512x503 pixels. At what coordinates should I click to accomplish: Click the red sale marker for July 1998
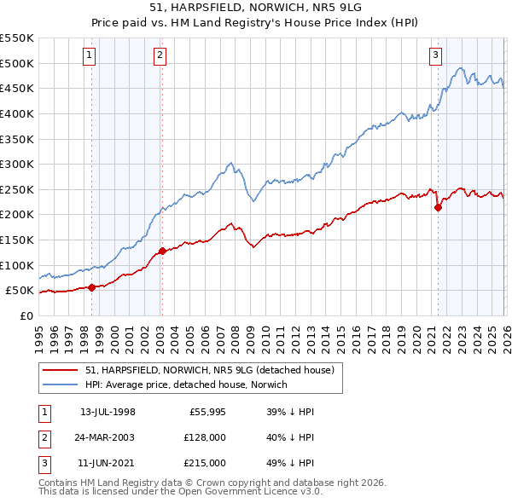pyautogui.click(x=91, y=287)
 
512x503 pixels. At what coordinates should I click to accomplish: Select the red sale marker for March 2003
pyautogui.click(x=162, y=251)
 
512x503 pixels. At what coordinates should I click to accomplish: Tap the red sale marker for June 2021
pyautogui.click(x=438, y=206)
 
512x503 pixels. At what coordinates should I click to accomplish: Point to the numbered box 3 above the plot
pyautogui.click(x=435, y=55)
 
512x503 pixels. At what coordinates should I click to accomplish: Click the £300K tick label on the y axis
pyautogui.click(x=16, y=164)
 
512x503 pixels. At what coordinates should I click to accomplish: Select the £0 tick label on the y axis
pyautogui.click(x=26, y=315)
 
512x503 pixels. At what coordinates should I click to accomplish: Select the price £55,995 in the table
pyautogui.click(x=206, y=412)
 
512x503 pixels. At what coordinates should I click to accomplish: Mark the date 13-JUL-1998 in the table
pyautogui.click(x=108, y=412)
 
